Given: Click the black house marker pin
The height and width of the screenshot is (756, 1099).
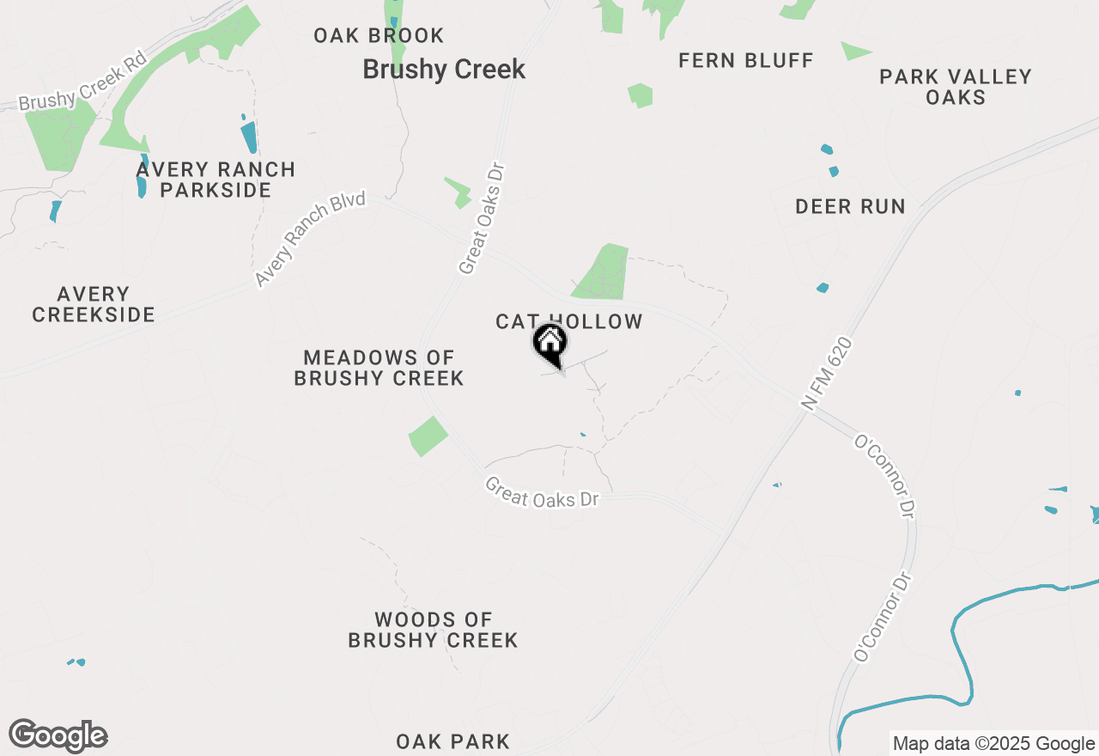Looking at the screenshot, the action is pyautogui.click(x=550, y=343).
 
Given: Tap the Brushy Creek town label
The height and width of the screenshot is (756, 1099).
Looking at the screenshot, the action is pyautogui.click(x=444, y=70).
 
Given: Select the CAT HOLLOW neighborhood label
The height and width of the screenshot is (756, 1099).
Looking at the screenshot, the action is pyautogui.click(x=568, y=321).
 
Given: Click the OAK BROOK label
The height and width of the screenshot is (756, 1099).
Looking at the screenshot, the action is pyautogui.click(x=379, y=36).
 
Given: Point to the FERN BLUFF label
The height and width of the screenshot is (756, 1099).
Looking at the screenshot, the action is pyautogui.click(x=745, y=60).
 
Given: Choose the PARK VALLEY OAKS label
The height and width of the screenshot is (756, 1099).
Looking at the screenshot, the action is pyautogui.click(x=956, y=87).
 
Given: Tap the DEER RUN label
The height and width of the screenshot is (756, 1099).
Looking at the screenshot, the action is pyautogui.click(x=850, y=206).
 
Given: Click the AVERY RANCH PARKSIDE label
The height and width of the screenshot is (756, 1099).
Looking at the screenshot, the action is pyautogui.click(x=216, y=180).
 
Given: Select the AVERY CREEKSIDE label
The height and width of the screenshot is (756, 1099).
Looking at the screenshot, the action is pyautogui.click(x=94, y=305).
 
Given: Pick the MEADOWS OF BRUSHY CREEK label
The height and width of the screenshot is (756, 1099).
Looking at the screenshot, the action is pyautogui.click(x=379, y=368).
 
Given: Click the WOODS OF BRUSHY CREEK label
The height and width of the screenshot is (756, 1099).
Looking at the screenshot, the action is pyautogui.click(x=433, y=630).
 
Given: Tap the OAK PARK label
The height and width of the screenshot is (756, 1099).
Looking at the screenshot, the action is pyautogui.click(x=452, y=741).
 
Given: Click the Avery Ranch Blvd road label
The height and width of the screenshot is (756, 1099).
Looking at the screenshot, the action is pyautogui.click(x=310, y=240).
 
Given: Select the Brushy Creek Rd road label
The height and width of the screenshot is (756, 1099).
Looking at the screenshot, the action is pyautogui.click(x=82, y=82).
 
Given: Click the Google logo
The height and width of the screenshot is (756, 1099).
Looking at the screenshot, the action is pyautogui.click(x=58, y=736).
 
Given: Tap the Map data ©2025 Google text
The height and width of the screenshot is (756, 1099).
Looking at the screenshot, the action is pyautogui.click(x=993, y=744).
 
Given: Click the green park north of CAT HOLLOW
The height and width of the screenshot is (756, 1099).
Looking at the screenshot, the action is pyautogui.click(x=603, y=272).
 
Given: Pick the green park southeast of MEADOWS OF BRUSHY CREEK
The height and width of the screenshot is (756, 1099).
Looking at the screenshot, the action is pyautogui.click(x=428, y=436).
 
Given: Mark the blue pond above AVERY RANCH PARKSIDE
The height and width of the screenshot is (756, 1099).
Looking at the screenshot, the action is pyautogui.click(x=249, y=136).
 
